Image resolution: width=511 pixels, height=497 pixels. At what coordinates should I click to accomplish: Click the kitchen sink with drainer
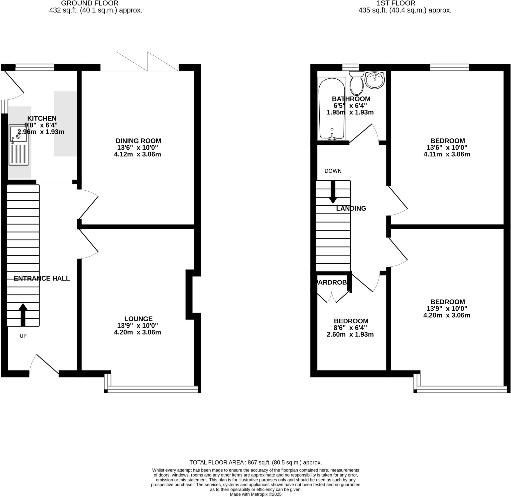coord(18,145)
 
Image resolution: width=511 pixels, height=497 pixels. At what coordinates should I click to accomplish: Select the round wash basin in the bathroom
coord(375,80)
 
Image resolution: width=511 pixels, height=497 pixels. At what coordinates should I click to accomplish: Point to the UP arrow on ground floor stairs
coord(23,314)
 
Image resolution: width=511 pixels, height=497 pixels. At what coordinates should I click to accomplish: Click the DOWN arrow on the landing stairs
coord(333,192)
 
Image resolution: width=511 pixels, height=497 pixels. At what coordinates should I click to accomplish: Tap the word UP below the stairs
coord(23,336)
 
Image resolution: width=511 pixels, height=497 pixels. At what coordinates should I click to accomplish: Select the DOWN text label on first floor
coord(333,171)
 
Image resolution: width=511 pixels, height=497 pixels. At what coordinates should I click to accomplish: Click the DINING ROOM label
coord(138,141)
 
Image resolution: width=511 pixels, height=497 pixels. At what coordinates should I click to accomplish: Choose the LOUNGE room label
coord(138,319)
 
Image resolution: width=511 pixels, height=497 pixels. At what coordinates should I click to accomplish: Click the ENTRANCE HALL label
coord(42,278)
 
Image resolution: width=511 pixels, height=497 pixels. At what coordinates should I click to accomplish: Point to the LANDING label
coord(351,209)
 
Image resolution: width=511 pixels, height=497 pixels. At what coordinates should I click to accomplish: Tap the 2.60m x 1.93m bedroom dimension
coord(350,334)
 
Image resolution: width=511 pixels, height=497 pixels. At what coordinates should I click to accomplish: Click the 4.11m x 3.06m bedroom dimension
coord(447,154)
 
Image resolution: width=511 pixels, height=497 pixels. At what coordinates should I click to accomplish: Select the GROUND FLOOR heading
coord(90,3)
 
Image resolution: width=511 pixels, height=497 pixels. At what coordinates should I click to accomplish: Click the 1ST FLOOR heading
coord(396,3)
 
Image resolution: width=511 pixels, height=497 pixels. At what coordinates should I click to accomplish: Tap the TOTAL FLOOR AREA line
coord(255,463)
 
